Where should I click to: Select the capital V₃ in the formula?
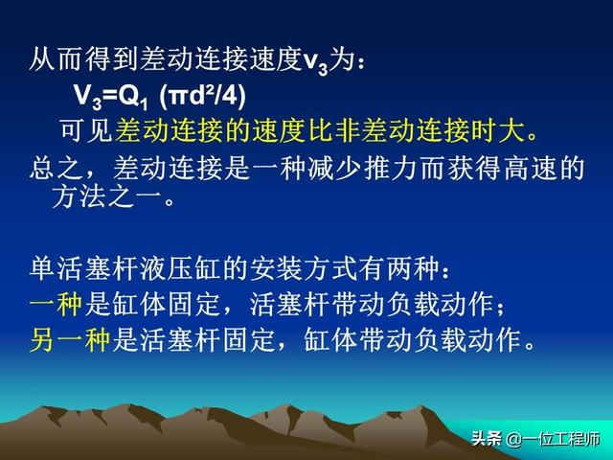(88, 96)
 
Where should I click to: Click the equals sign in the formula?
(109, 96)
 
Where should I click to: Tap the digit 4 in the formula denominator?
(229, 95)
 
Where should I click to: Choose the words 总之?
(56, 169)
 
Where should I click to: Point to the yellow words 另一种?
(70, 340)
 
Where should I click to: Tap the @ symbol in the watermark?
(513, 439)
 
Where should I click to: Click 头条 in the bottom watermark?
(487, 439)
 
